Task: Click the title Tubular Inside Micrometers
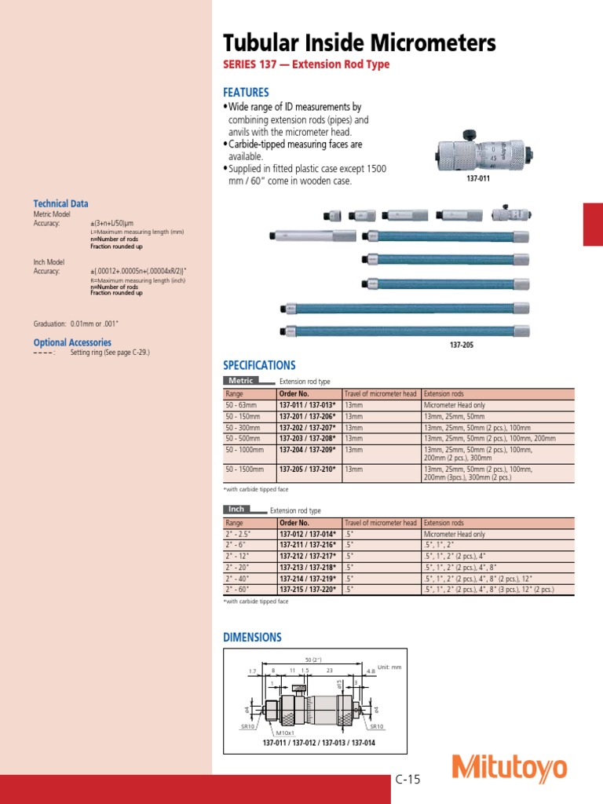pos(360,42)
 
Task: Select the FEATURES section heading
pos(246,92)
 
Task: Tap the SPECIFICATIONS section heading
pos(259,365)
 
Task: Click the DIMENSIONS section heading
pos(252,638)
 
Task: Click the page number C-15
pos(408,780)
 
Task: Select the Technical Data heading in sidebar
pos(60,203)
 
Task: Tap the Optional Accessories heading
pos(72,342)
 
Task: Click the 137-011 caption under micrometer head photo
pos(480,179)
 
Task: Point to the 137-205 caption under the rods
pos(461,344)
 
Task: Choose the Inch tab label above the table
pos(237,510)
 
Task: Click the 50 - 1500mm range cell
pos(242,469)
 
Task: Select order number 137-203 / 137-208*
pos(307,438)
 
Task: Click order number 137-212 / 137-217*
pos(307,555)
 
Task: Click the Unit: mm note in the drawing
pos(389,667)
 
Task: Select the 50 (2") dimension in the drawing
pos(313,659)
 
